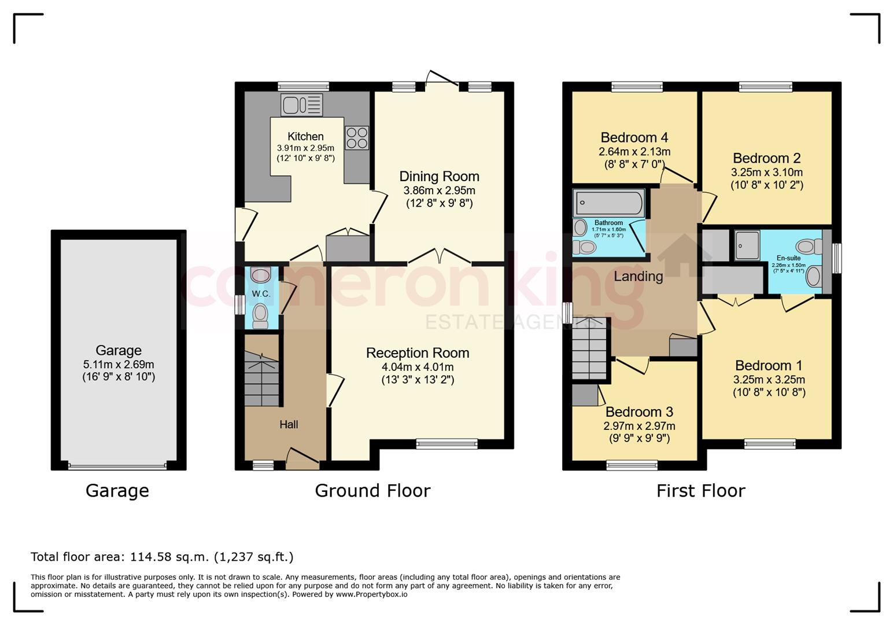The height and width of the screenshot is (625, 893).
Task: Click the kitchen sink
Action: pos(302,105)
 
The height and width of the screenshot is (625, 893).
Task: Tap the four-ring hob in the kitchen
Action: pos(357,138)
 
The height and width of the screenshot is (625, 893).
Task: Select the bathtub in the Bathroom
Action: pos(609,203)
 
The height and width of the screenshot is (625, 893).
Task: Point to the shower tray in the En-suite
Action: pos(747,245)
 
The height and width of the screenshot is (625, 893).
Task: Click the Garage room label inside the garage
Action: pos(119,350)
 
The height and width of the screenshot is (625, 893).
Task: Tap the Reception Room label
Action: pos(418,353)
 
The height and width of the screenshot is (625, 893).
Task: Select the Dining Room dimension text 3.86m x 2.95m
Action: pos(440,190)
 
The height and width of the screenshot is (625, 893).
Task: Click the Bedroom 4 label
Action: pos(634,138)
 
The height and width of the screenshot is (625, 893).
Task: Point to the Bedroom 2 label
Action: pos(766,159)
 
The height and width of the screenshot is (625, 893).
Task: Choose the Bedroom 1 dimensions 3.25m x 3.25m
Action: pos(769,379)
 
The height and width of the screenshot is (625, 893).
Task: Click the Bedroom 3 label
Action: pos(639,411)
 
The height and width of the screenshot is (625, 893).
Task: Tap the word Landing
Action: pos(639,277)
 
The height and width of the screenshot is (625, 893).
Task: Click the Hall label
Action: pos(289,424)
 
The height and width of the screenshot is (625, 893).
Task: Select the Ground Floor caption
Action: pos(372,491)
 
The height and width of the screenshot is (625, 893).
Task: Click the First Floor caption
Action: pos(700,491)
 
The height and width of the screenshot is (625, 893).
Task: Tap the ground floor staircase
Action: pos(261,379)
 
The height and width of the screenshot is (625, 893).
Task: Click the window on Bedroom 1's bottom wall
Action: pos(769,444)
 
